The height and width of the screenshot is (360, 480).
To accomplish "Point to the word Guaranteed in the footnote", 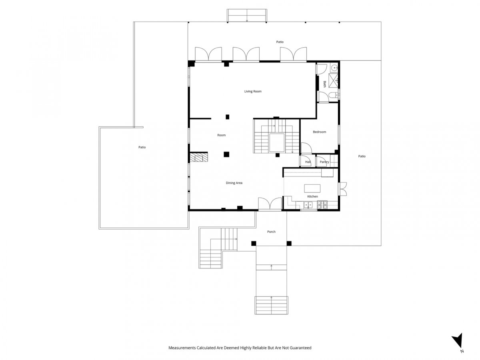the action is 300,348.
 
